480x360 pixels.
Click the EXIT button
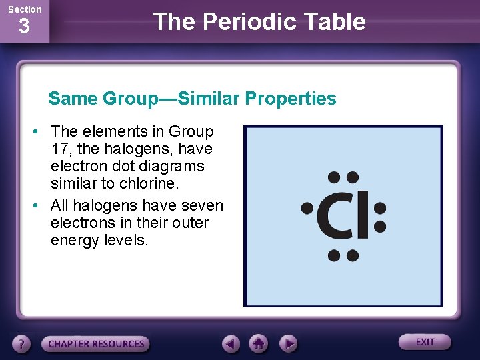click(x=425, y=342)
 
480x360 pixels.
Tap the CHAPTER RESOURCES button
click(x=96, y=344)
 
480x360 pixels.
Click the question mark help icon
click(x=23, y=344)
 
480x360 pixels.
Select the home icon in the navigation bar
click(x=259, y=344)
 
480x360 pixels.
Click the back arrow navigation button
click(x=231, y=344)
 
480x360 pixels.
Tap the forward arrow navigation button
click(x=287, y=344)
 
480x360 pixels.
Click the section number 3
click(x=24, y=27)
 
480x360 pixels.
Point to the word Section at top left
click(x=25, y=9)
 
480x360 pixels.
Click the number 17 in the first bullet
click(x=60, y=149)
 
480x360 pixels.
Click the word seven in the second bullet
click(x=200, y=205)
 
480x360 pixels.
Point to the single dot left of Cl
click(x=307, y=207)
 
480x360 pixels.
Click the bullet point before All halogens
click(x=39, y=205)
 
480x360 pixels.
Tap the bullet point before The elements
click(x=39, y=131)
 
